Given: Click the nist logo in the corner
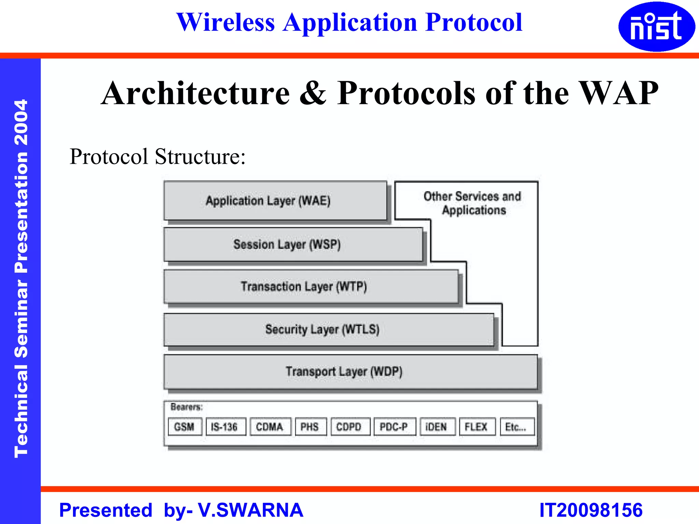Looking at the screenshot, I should click(x=656, y=27).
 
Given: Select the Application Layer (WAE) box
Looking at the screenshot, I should click(x=275, y=201).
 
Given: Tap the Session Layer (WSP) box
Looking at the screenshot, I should click(x=293, y=245).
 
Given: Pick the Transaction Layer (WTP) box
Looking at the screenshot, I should click(x=311, y=287).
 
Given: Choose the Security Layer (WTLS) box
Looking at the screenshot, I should click(x=329, y=330).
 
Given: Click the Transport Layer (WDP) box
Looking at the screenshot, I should click(x=350, y=372).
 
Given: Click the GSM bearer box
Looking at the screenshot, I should click(x=185, y=427).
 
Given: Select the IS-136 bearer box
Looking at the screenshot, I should click(x=226, y=427).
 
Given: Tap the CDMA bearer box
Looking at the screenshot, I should click(x=270, y=427).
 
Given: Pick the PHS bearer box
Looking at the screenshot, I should click(x=311, y=427).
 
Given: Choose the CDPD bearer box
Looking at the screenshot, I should click(x=350, y=427).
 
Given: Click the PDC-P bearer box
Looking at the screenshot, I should click(x=395, y=427).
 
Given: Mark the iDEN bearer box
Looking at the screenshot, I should click(x=437, y=427).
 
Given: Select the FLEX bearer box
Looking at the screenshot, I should click(x=477, y=427).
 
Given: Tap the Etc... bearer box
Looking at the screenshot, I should click(x=517, y=427).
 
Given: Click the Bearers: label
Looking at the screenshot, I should click(x=186, y=407).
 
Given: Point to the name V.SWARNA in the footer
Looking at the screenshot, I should click(x=251, y=510).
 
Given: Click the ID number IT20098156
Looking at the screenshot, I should click(x=591, y=510).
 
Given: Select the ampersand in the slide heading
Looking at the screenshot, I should click(x=313, y=93).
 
